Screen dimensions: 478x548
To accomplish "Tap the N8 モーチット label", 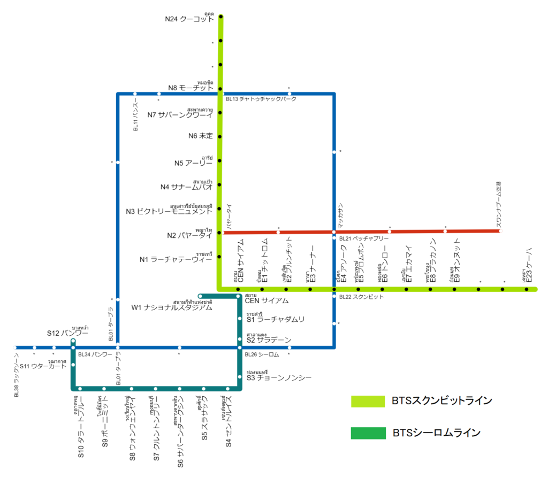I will pyautogui.click(x=191, y=88).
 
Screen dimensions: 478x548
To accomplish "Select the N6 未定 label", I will pyautogui.click(x=201, y=136).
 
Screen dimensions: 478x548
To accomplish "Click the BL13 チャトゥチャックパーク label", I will pyautogui.click(x=261, y=99).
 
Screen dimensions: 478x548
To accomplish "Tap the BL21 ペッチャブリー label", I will pyautogui.click(x=363, y=238).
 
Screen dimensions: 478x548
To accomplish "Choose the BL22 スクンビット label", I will pyautogui.click(x=361, y=296).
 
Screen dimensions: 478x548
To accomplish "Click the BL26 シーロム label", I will pyautogui.click(x=262, y=354).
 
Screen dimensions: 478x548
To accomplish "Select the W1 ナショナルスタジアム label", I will pyautogui.click(x=172, y=307).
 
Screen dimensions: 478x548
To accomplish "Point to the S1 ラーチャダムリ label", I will pyautogui.click(x=275, y=320).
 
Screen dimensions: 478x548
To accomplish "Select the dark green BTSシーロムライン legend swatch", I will pyautogui.click(x=368, y=433).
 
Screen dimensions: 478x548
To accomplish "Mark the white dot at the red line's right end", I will pyautogui.click(x=500, y=231).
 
